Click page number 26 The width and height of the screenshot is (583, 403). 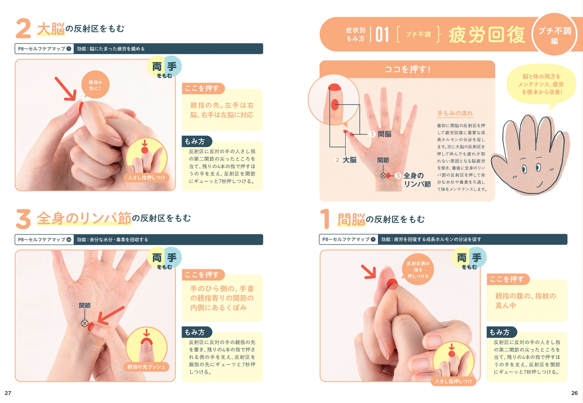(574, 393)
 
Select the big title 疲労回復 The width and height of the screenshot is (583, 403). (487, 35)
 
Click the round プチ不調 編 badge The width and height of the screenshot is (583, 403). (555, 35)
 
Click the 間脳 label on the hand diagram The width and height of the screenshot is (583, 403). (384, 134)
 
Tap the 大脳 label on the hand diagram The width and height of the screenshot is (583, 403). (349, 160)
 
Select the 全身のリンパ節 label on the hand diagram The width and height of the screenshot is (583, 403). (417, 180)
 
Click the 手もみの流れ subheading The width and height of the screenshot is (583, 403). (455, 113)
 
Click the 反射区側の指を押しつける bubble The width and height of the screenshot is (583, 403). (418, 270)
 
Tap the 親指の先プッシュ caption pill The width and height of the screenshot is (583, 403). (146, 367)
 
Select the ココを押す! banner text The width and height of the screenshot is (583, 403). (407, 69)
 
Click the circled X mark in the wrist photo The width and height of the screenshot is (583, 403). (84, 323)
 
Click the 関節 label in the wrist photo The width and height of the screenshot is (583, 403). (85, 305)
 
